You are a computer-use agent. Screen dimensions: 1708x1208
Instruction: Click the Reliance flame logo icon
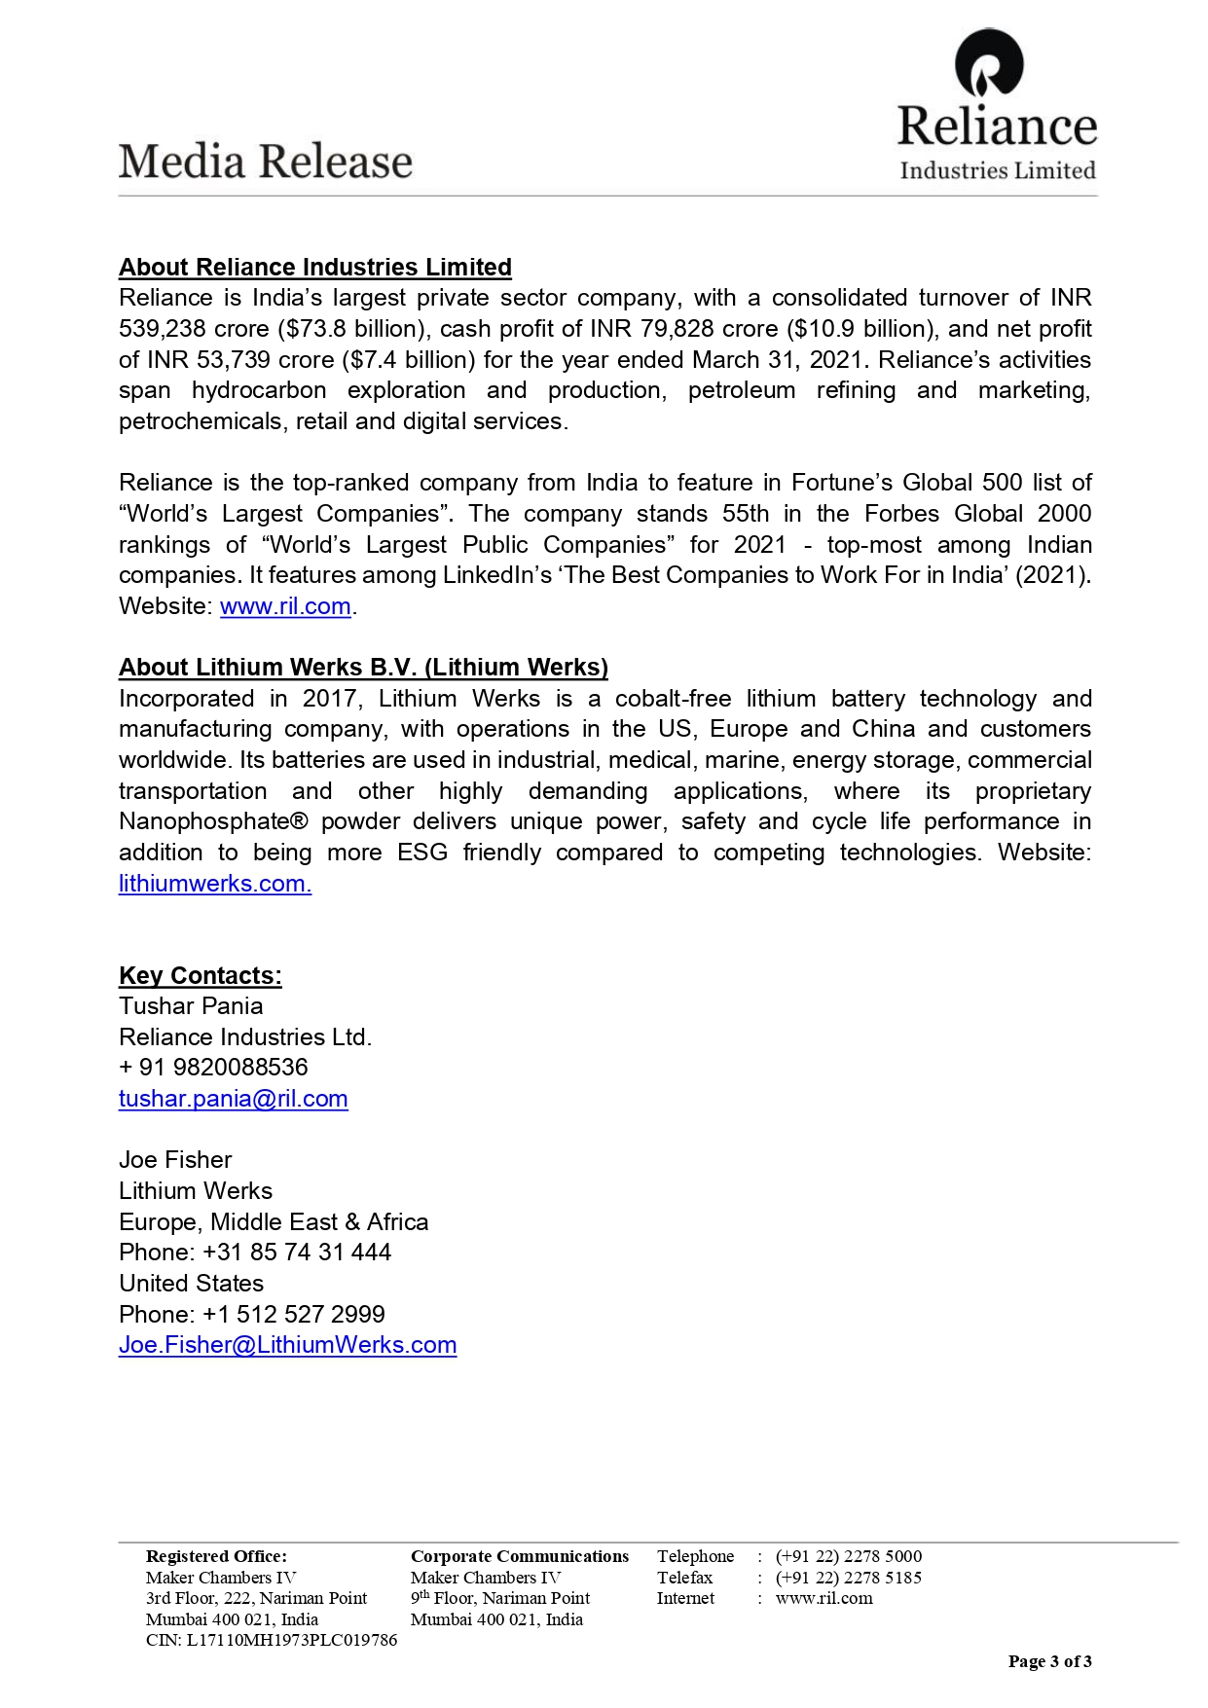coord(988,64)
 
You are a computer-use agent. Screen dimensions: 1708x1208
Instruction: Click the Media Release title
coord(266,162)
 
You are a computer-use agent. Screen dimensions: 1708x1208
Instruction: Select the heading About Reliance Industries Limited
coord(315,268)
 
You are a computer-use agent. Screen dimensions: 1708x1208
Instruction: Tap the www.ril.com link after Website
coord(285,606)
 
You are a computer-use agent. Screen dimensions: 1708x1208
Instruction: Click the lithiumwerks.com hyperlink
coord(214,884)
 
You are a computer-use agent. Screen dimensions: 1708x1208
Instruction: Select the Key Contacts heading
coord(201,976)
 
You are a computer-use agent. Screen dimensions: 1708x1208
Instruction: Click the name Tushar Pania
coord(191,1006)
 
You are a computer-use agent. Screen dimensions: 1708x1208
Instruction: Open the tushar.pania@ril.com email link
coord(234,1099)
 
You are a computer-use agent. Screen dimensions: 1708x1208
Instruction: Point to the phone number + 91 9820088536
coord(213,1068)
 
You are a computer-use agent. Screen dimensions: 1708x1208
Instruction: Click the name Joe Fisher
coord(175,1160)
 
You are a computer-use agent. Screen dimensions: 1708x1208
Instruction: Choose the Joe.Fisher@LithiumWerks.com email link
coord(287,1345)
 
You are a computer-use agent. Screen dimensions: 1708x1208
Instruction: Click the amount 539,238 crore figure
coord(193,329)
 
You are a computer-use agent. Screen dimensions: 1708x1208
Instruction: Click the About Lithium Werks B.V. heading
coord(363,668)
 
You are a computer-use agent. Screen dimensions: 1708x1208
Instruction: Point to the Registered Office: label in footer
coord(216,1556)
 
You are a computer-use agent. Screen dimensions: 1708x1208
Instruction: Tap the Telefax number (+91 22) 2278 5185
coord(848,1578)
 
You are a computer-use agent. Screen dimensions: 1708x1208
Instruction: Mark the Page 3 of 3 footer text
coord(1049,1661)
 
